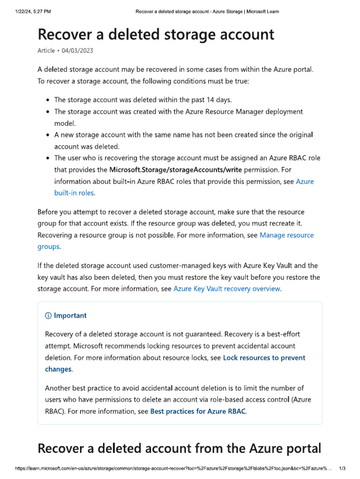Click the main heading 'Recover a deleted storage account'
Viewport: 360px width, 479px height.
(x=156, y=34)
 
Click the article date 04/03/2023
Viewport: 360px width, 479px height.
(x=73, y=51)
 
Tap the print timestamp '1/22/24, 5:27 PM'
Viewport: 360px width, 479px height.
(x=30, y=11)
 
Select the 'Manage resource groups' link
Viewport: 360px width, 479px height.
(x=286, y=235)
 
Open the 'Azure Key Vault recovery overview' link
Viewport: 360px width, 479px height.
(x=227, y=289)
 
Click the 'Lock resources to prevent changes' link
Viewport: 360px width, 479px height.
(x=264, y=358)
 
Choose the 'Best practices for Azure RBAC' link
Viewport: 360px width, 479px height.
(x=198, y=412)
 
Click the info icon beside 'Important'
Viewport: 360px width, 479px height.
(x=48, y=316)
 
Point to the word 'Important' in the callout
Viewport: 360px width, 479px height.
(x=70, y=316)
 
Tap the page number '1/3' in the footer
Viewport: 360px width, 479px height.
(x=342, y=468)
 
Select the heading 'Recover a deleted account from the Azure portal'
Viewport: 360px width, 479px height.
(x=179, y=449)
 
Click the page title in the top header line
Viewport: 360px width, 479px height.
(x=207, y=11)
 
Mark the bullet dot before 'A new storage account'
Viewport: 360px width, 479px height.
(x=49, y=135)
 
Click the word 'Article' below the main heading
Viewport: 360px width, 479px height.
(x=46, y=51)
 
